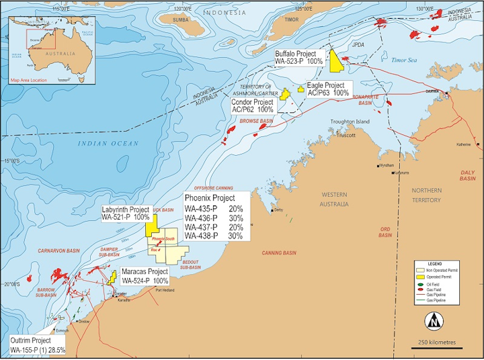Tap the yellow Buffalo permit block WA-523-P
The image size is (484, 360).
point(337,60)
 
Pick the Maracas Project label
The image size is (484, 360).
point(145,276)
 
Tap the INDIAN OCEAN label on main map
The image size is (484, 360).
point(108,143)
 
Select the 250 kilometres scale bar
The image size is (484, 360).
point(436,347)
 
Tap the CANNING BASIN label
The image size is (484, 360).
point(279,253)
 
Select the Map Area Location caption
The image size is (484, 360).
point(29,80)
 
